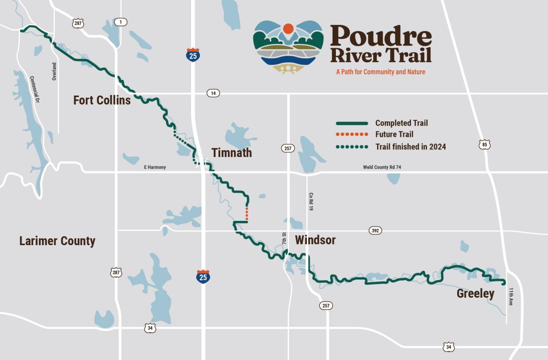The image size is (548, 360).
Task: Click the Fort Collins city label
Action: (102, 100)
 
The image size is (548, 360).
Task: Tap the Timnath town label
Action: (231, 153)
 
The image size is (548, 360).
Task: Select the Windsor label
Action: (315, 240)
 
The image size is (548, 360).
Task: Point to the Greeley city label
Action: (475, 294)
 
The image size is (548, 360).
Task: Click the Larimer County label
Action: (57, 241)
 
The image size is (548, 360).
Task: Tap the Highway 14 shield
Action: (213, 93)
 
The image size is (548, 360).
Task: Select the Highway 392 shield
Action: (375, 231)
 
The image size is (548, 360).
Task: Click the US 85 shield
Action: (485, 144)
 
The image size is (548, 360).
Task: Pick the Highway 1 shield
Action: (120, 22)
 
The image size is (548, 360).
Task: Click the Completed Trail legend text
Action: (401, 123)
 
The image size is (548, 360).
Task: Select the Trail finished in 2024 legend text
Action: (410, 147)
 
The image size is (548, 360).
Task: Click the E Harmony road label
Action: (155, 167)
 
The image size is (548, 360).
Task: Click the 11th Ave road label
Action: (511, 297)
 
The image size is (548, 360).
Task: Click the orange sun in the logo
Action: (288, 29)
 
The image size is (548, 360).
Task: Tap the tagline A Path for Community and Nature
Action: (380, 72)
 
